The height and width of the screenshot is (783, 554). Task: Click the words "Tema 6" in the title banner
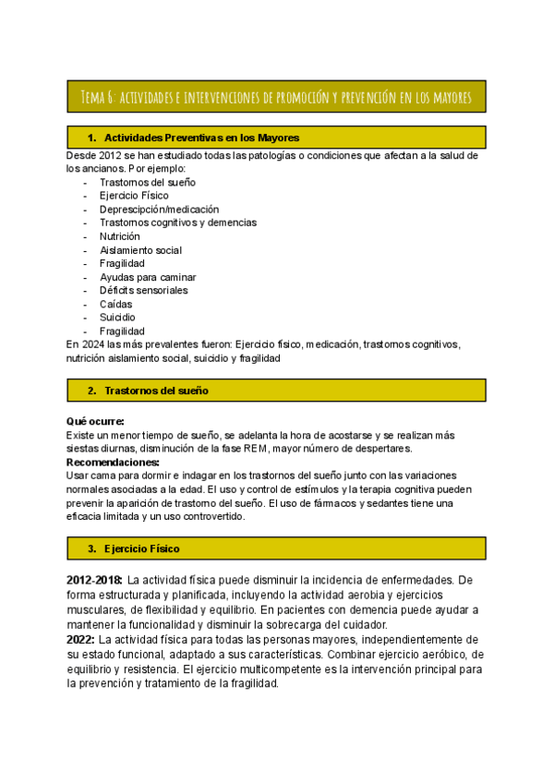tap(96, 96)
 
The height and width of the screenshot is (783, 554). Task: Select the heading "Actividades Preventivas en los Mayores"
tap(201, 138)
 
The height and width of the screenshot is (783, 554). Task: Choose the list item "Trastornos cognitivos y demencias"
tap(177, 223)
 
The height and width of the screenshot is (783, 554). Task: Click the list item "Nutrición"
tap(120, 236)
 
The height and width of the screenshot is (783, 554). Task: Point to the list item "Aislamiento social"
tap(140, 249)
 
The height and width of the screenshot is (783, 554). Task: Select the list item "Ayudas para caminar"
tap(148, 277)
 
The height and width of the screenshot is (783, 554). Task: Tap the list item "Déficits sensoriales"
tap(143, 290)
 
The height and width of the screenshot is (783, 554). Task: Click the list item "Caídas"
tap(115, 304)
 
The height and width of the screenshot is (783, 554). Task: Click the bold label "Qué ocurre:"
tap(96, 421)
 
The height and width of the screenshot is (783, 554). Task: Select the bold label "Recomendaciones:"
tap(113, 462)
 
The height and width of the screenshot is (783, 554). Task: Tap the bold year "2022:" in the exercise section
tap(80, 639)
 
